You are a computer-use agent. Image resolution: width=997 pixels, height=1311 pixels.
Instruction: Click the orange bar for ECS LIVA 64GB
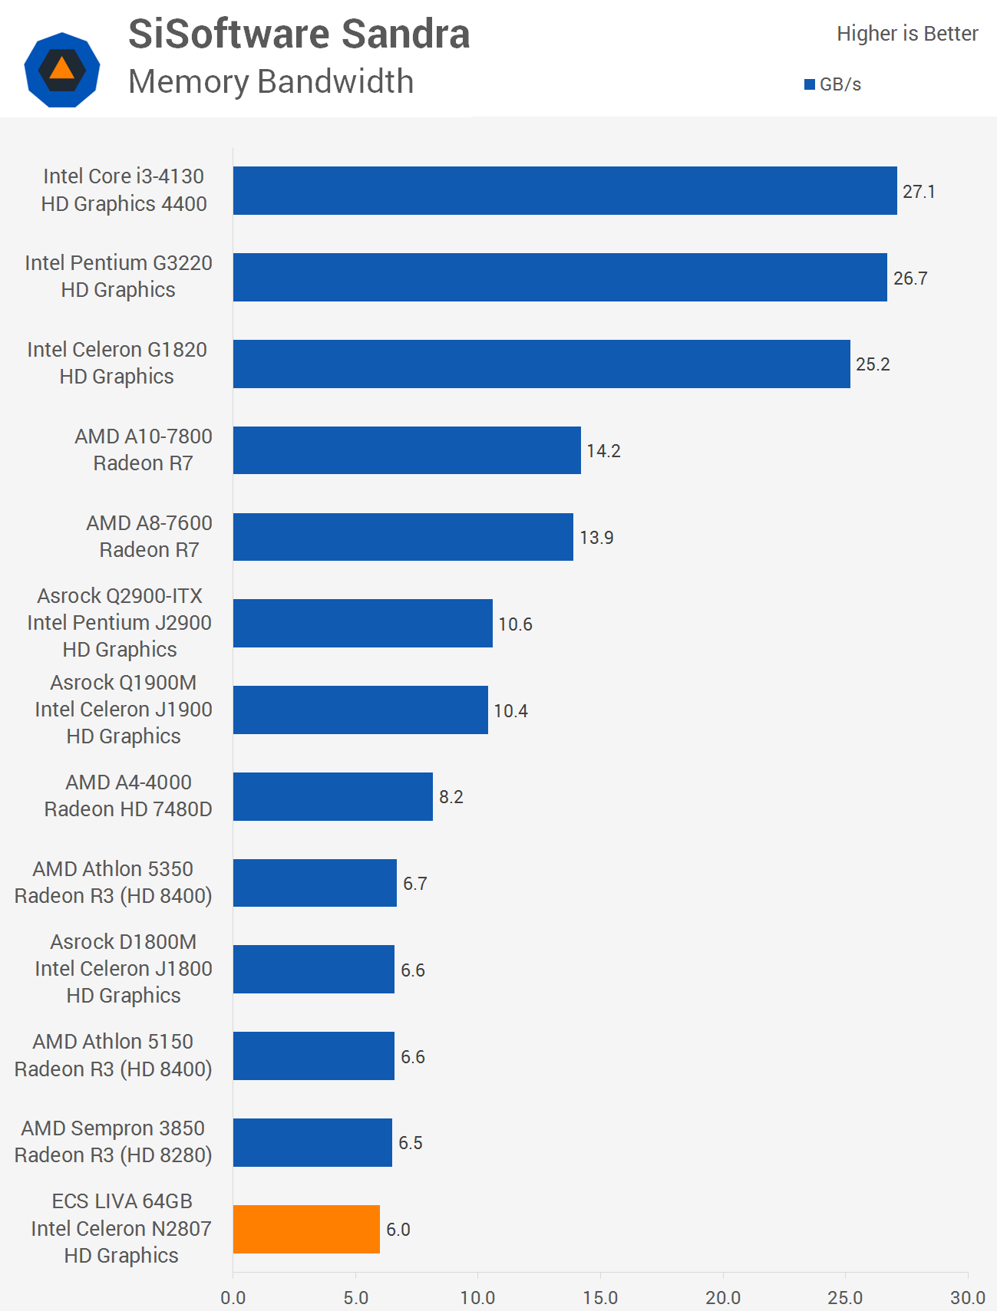coord(306,1229)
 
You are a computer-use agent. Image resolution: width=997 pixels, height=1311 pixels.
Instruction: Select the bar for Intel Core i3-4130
coord(565,190)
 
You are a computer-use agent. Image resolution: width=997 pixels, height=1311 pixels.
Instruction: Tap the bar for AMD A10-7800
coord(407,450)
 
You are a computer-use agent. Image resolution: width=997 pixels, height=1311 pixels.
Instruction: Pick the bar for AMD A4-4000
coord(333,796)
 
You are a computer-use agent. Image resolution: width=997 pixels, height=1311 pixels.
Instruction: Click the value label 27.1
coord(919,192)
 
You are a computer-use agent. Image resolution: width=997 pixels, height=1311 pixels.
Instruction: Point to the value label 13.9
coord(596,538)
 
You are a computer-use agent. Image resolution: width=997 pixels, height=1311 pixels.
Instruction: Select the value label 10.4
coord(510,711)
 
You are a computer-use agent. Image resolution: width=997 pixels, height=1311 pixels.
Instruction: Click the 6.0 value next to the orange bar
coord(398,1230)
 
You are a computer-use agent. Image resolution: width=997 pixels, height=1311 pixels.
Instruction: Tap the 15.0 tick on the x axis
coord(600,1297)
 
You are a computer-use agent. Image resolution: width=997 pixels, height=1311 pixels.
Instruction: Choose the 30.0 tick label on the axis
coord(967,1297)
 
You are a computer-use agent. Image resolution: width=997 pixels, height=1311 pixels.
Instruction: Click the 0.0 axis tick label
coord(233,1297)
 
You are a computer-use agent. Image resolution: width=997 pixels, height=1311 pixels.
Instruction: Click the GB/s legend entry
coord(833,84)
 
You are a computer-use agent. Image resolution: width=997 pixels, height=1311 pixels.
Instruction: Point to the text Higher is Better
coord(907,34)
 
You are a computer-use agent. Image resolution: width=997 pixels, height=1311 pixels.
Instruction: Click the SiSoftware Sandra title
coord(299,35)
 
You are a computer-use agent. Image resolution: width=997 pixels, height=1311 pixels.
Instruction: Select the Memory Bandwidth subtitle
coord(271,82)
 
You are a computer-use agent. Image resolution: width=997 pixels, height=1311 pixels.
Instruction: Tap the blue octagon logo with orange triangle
coord(62,70)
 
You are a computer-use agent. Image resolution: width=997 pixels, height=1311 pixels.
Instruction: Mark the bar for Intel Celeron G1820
coord(541,364)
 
